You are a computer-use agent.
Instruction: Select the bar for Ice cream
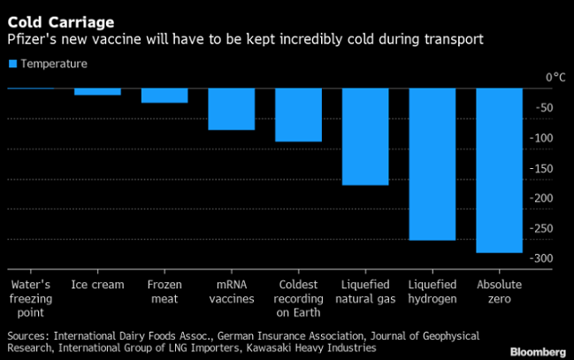click(x=97, y=91)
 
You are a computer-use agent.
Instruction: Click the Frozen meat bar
click(x=165, y=96)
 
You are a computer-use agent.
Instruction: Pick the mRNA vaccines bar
click(x=231, y=109)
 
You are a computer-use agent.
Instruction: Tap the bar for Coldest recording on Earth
click(x=298, y=115)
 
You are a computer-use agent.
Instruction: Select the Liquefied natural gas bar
click(x=365, y=136)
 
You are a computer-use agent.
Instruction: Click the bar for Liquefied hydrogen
click(x=432, y=164)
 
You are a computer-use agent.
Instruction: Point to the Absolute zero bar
click(x=499, y=170)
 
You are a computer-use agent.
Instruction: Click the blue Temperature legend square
click(x=12, y=64)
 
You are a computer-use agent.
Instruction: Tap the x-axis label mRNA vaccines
click(x=231, y=291)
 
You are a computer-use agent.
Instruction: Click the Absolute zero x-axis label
click(x=499, y=291)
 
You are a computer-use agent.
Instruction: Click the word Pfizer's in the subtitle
click(x=33, y=41)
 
